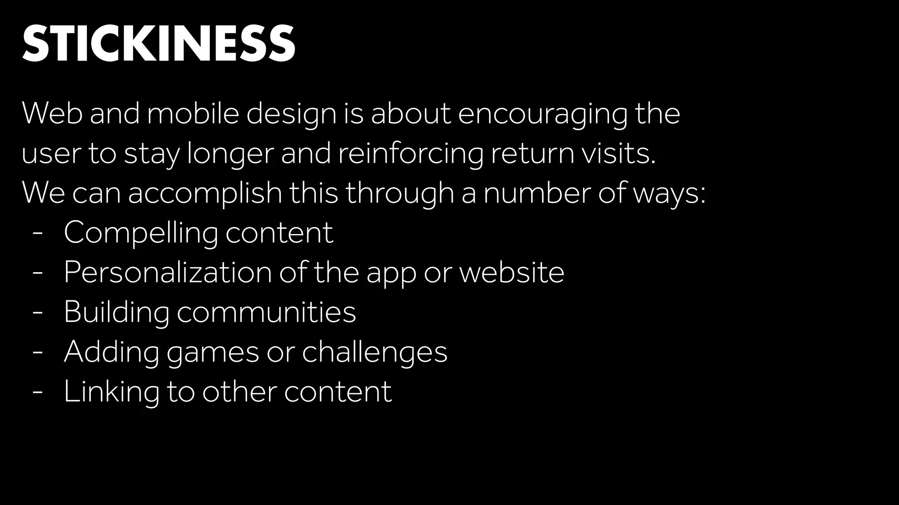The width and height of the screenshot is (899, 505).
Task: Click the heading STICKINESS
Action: pyautogui.click(x=158, y=43)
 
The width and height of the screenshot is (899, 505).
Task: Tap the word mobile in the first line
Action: pyautogui.click(x=193, y=114)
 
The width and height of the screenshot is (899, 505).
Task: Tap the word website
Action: pyautogui.click(x=511, y=272)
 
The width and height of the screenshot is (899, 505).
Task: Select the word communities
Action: pyautogui.click(x=266, y=312)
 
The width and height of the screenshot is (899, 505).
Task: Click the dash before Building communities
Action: pyautogui.click(x=38, y=313)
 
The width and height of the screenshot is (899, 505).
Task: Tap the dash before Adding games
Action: pyautogui.click(x=38, y=352)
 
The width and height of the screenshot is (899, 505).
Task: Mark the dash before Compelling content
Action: pyautogui.click(x=38, y=234)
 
